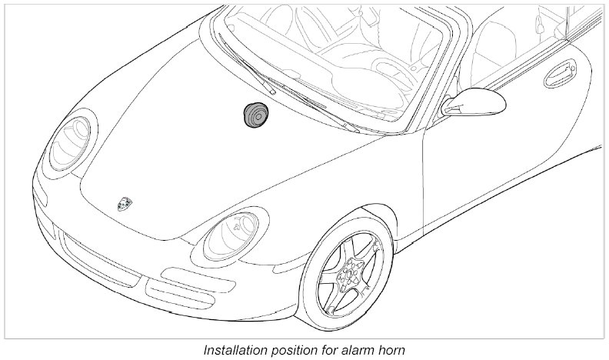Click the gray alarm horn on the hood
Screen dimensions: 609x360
pyautogui.click(x=255, y=115)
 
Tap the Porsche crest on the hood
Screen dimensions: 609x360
pyautogui.click(x=124, y=203)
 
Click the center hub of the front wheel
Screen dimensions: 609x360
pyautogui.click(x=353, y=273)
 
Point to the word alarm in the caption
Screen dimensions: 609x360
pyautogui.click(x=356, y=349)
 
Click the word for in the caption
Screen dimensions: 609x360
pyautogui.click(x=329, y=349)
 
